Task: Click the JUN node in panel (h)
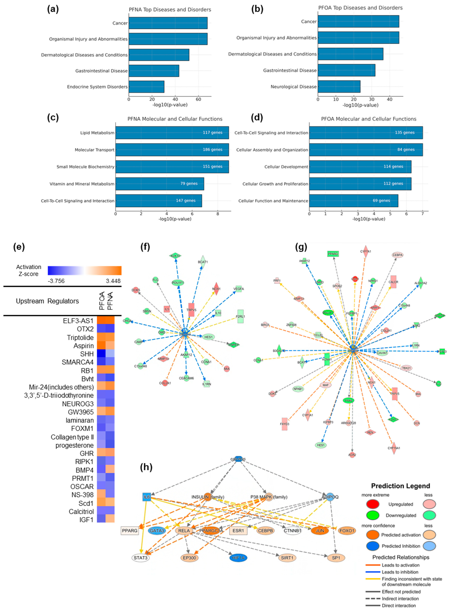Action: pyautogui.click(x=320, y=530)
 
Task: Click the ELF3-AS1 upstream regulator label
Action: pyautogui.click(x=78, y=321)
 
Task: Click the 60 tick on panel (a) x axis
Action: pyautogui.click(x=198, y=100)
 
